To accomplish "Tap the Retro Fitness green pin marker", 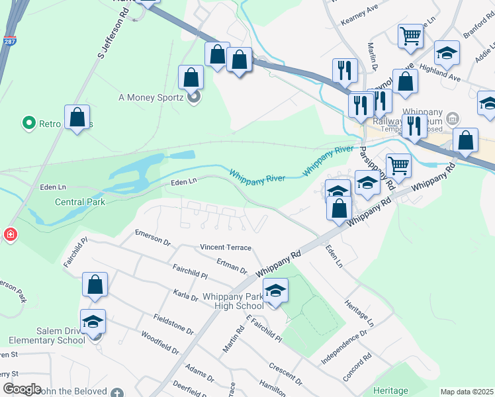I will (29, 122).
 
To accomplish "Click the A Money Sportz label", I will (150, 97).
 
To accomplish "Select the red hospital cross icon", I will (10, 234).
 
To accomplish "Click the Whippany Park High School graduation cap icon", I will (275, 290).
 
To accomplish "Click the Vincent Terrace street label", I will (226, 247).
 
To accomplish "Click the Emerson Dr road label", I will (152, 238).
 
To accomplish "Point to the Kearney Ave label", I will (359, 22).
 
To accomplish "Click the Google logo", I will (22, 389).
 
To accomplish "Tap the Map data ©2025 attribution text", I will (467, 392).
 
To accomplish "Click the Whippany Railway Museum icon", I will (453, 120).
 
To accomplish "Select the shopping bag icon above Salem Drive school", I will (95, 285).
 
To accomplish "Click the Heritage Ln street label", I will (359, 313).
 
